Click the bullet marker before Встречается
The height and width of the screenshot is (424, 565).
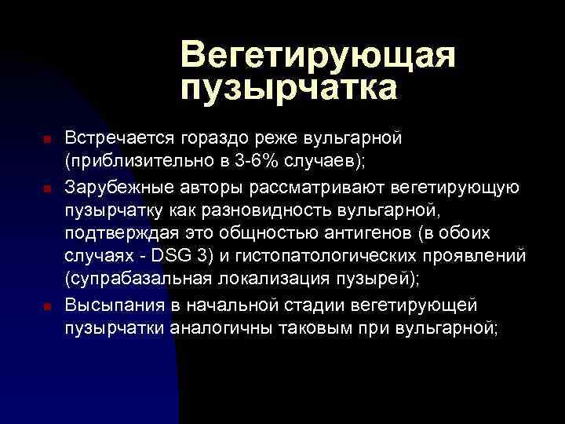[x=47, y=140]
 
